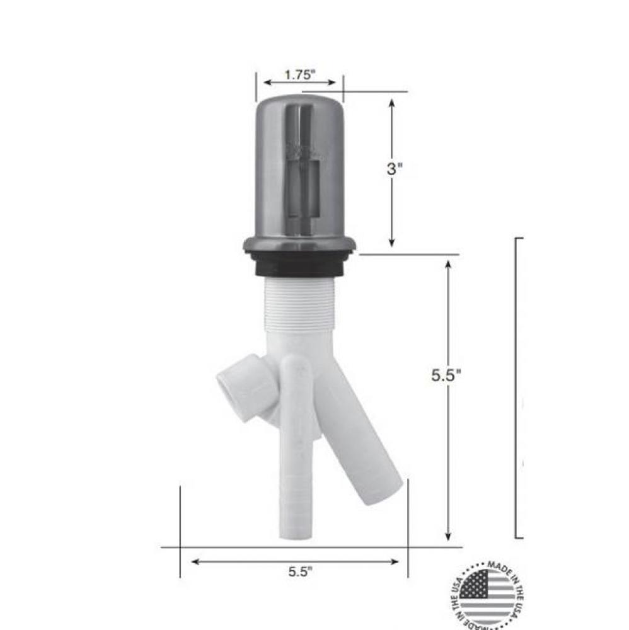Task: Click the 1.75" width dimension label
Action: click(x=299, y=74)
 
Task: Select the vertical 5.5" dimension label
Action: click(x=446, y=375)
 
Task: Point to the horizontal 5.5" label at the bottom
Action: click(x=301, y=572)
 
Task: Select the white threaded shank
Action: click(x=300, y=305)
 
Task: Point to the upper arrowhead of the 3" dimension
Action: click(x=391, y=103)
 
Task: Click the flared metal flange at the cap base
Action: click(x=300, y=244)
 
